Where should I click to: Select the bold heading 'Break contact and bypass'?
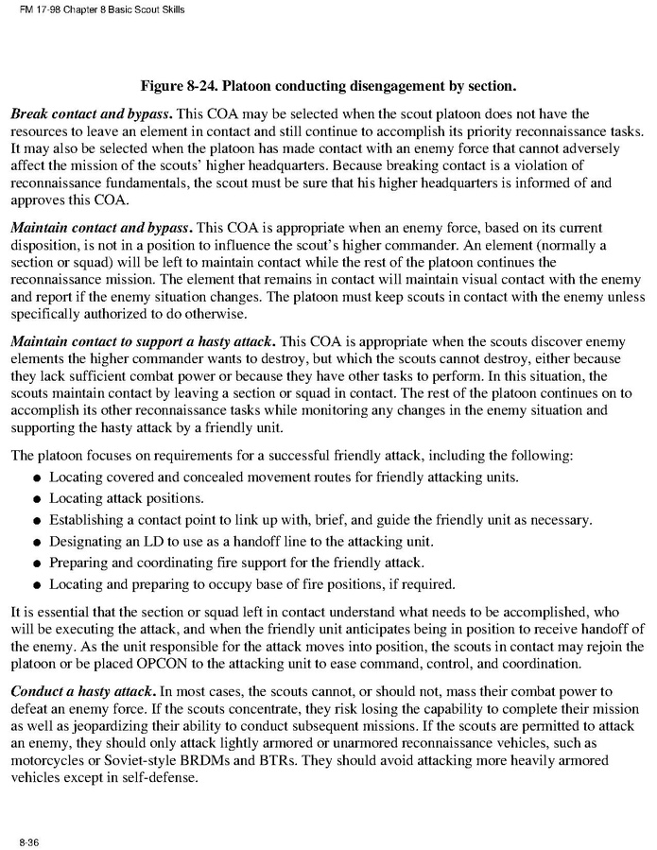point(92,114)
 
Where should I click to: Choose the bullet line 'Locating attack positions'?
point(127,498)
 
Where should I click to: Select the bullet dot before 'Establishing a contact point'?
point(36,521)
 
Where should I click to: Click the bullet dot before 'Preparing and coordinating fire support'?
point(36,563)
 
